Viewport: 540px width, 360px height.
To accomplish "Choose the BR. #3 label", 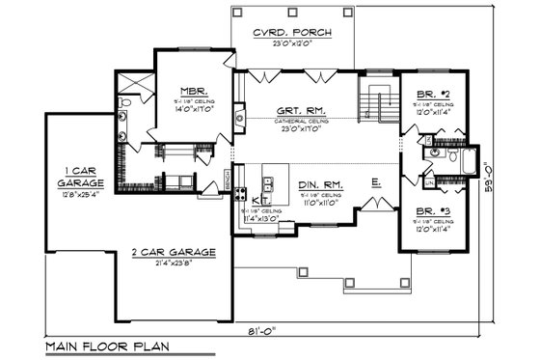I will (432, 208).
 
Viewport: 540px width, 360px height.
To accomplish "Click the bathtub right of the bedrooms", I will (469, 160).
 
